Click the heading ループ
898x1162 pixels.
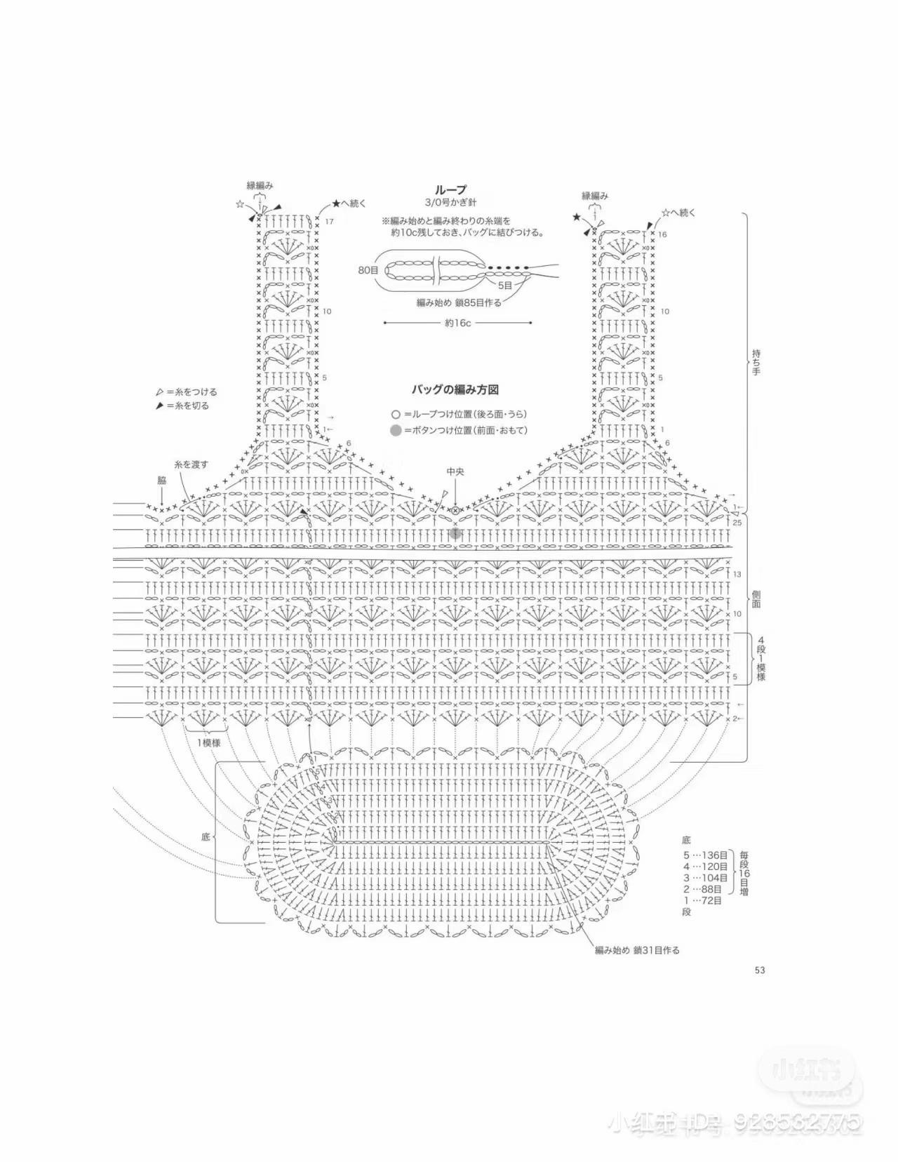pyautogui.click(x=450, y=190)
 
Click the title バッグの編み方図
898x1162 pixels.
pyautogui.click(x=455, y=389)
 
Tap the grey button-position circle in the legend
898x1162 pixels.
pyautogui.click(x=396, y=430)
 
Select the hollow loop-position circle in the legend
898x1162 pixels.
pyautogui.click(x=396, y=414)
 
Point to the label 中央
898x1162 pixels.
pyautogui.click(x=455, y=472)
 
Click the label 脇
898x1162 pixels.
pyautogui.click(x=161, y=481)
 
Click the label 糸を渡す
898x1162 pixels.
pyautogui.click(x=191, y=465)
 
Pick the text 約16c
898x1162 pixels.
pyautogui.click(x=457, y=323)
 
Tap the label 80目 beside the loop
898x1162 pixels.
pyautogui.click(x=368, y=269)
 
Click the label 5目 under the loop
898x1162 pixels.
pyautogui.click(x=505, y=286)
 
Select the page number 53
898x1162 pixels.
pyautogui.click(x=759, y=970)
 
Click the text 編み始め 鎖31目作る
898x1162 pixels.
pyautogui.click(x=637, y=950)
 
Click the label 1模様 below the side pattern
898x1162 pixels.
pyautogui.click(x=208, y=742)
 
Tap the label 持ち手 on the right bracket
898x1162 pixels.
pyautogui.click(x=756, y=361)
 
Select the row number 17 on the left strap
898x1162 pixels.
pyautogui.click(x=329, y=222)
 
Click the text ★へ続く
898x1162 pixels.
pyautogui.click(x=349, y=203)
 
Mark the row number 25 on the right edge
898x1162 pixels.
pyautogui.click(x=737, y=523)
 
